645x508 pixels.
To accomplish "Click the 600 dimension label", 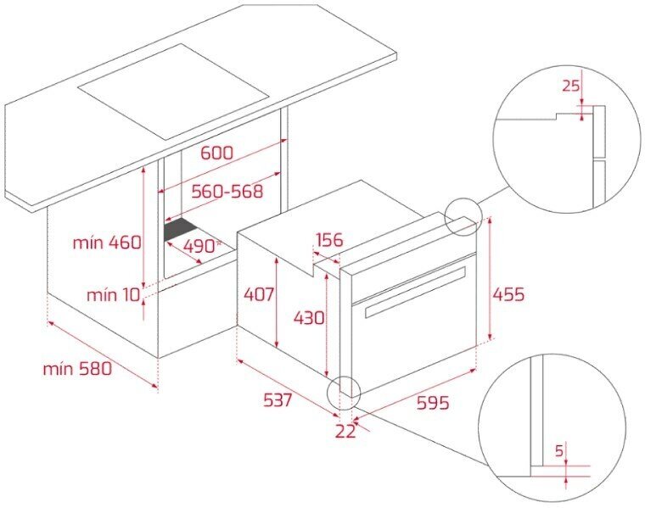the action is click(x=216, y=153).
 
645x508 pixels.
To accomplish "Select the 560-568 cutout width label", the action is click(x=227, y=191).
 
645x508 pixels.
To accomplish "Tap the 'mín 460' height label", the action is click(x=107, y=243).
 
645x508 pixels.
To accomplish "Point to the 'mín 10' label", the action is click(x=113, y=294).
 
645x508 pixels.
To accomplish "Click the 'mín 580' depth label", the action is click(x=77, y=369).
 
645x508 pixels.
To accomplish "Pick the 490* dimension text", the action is click(x=202, y=246).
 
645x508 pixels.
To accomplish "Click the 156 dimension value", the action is click(x=329, y=240).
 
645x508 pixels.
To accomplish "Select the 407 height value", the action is click(x=259, y=294).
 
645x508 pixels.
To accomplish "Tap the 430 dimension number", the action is click(x=309, y=318).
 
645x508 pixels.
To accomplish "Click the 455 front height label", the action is click(x=509, y=294).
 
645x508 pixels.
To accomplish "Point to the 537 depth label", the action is click(x=278, y=400).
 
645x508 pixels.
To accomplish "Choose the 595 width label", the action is click(x=433, y=403).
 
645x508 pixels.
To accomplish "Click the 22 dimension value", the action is click(x=345, y=431).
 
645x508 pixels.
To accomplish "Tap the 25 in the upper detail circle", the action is click(x=570, y=86).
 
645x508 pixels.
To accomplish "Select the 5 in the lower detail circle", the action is click(x=558, y=451).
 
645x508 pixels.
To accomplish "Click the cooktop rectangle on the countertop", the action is click(x=174, y=92).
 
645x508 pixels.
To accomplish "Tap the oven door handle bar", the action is click(x=415, y=292).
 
